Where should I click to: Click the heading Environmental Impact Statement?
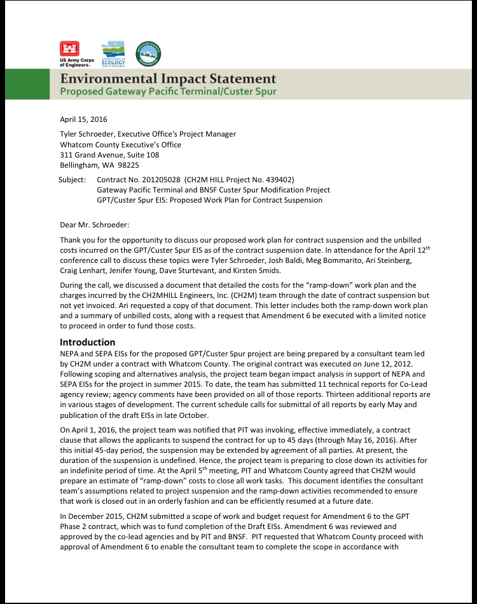[169, 79]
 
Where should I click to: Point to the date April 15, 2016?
[83, 119]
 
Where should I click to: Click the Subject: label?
[72, 180]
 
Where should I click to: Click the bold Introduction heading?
[87, 342]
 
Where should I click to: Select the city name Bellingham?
[78, 164]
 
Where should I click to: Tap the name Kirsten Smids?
[238, 270]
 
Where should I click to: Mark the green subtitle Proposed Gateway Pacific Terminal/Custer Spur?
[168, 92]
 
